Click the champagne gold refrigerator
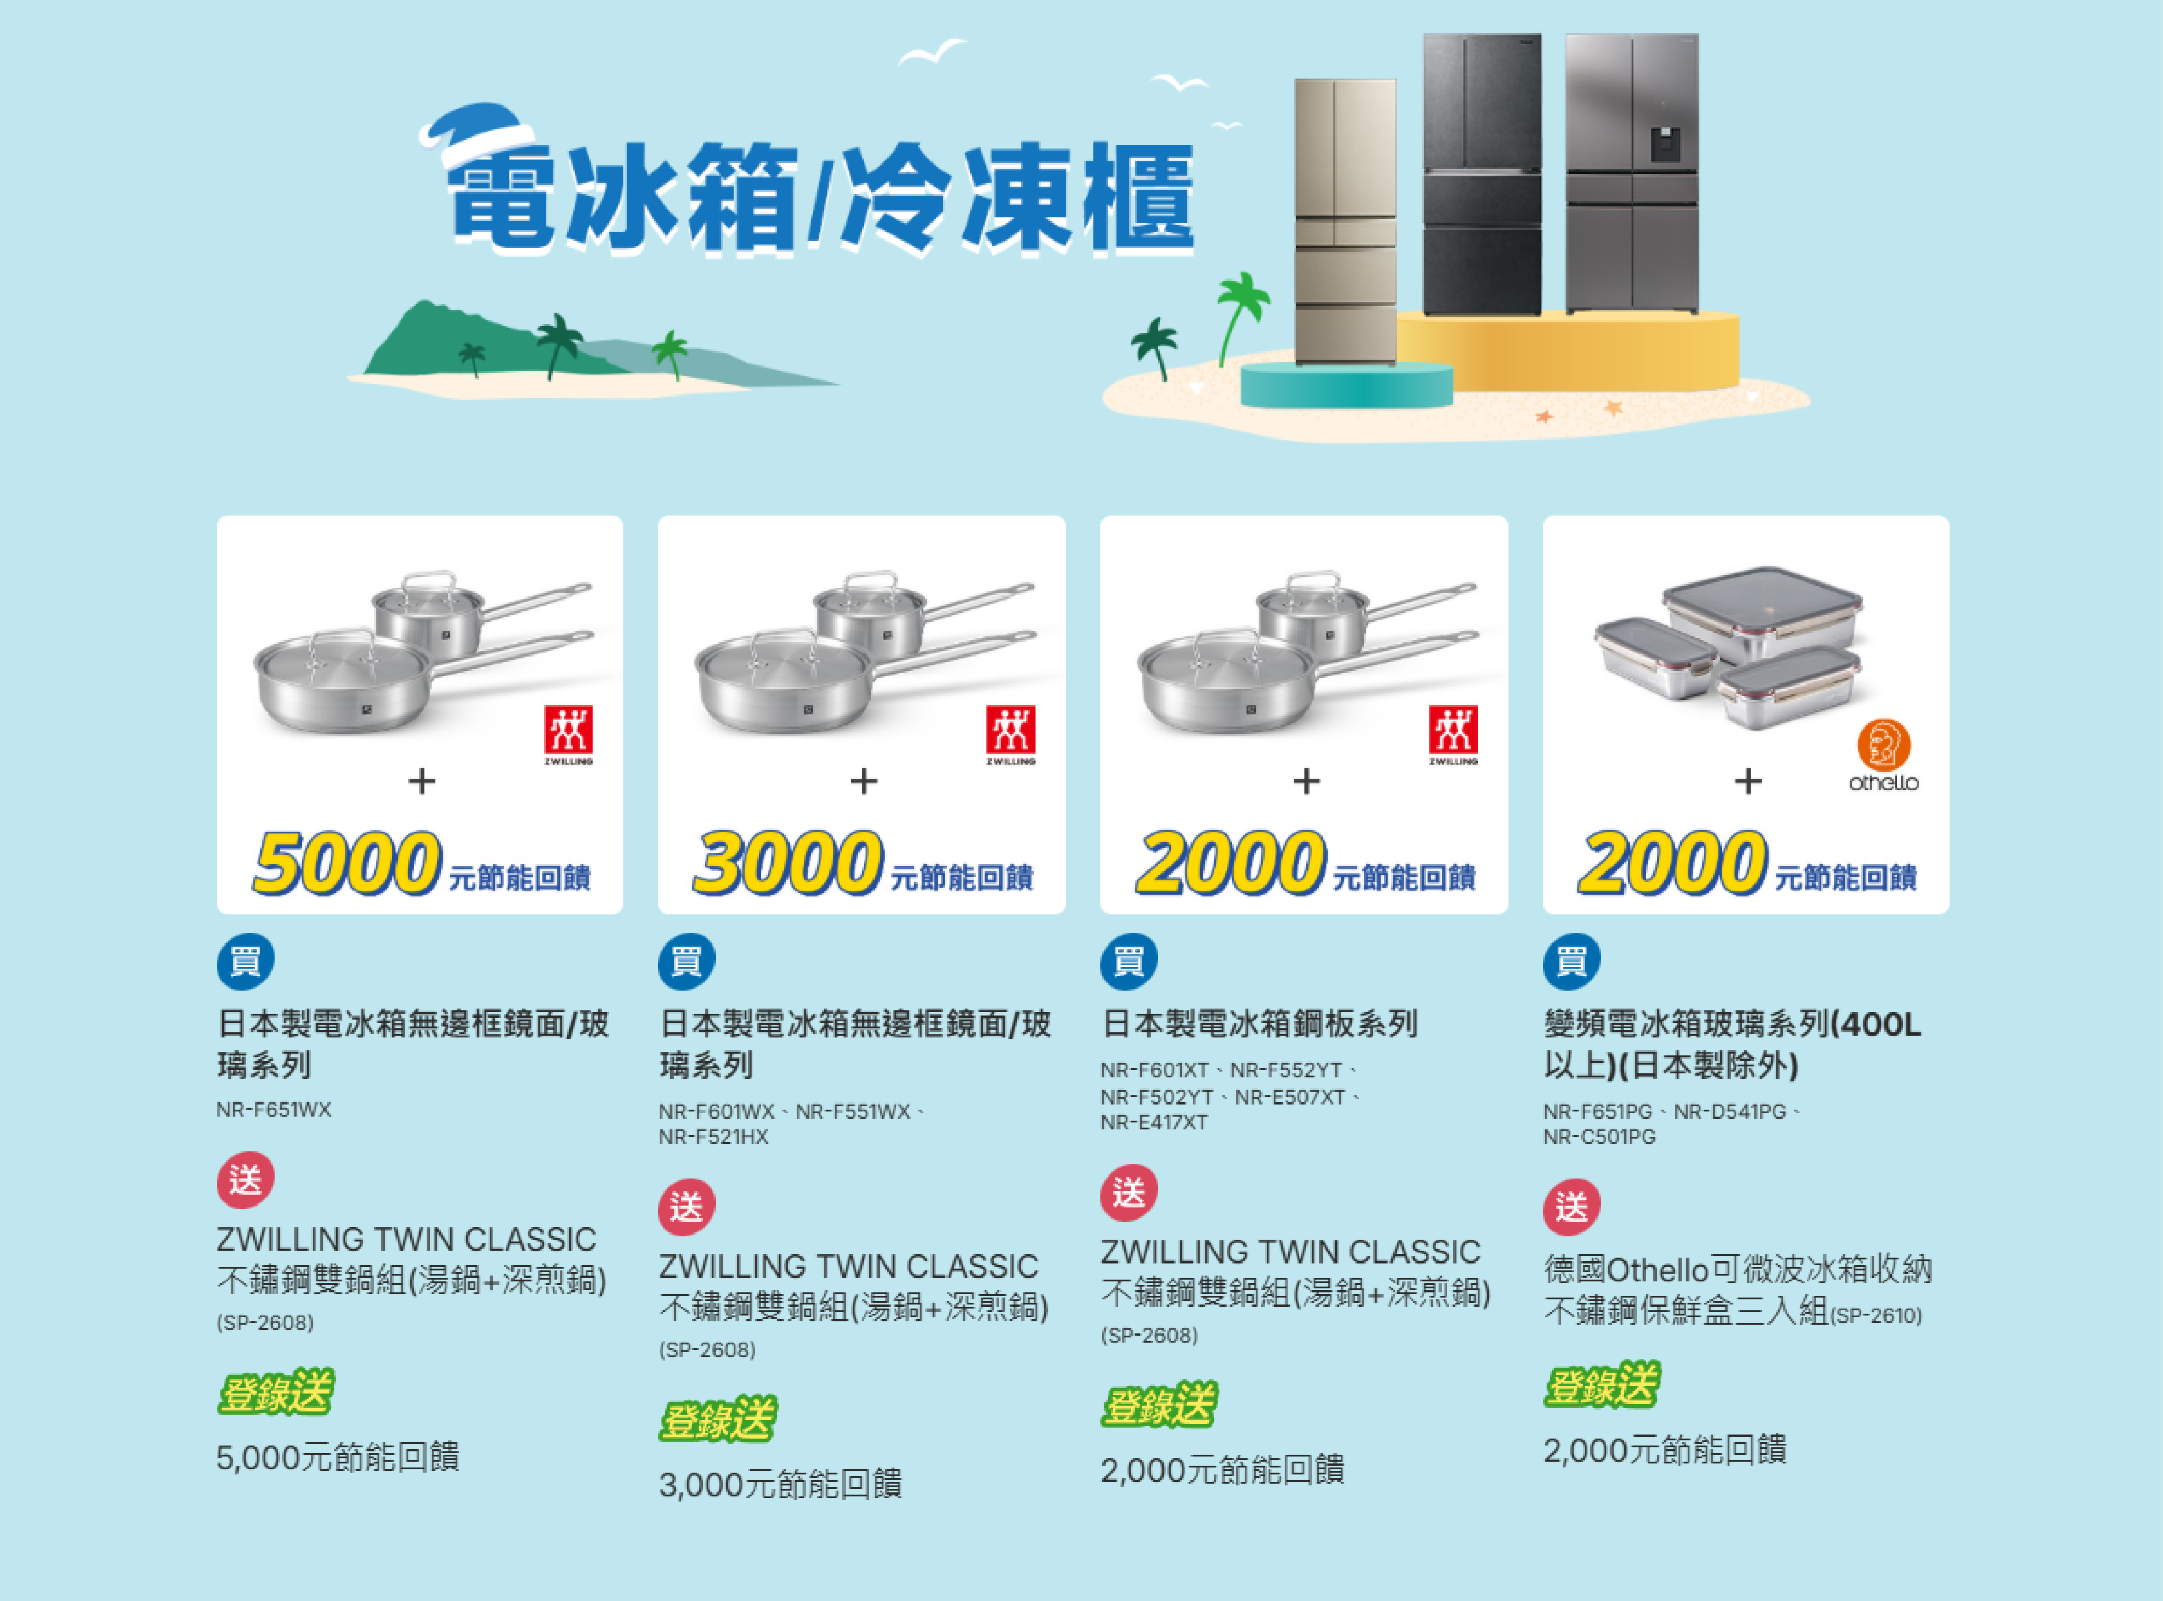coord(1345,223)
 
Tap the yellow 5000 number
coord(347,862)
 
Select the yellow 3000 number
coord(787,862)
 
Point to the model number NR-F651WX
coord(273,1110)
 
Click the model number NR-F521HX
coord(713,1137)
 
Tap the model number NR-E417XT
coord(1153,1122)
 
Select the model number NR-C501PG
coord(1600,1137)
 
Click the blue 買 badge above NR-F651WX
coord(245,961)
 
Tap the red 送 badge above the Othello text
coord(1572,1207)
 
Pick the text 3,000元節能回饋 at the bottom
coord(781,1484)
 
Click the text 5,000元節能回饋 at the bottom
coord(338,1457)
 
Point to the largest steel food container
coord(1762,613)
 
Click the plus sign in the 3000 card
coord(864,781)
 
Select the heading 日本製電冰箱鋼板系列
coord(1259,1024)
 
